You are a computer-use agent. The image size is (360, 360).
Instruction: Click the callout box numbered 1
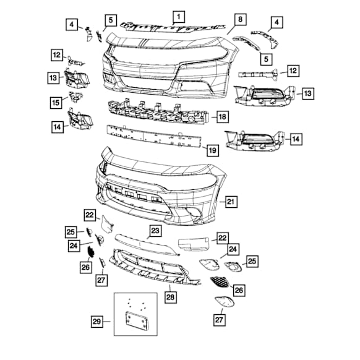tap(178, 17)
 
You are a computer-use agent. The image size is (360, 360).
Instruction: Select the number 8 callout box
tap(240, 19)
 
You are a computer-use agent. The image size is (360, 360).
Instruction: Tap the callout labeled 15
tap(57, 101)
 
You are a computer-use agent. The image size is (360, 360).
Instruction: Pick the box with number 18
tap(222, 116)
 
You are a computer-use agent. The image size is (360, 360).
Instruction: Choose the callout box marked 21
tap(231, 202)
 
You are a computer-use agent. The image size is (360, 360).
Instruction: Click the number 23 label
tap(155, 231)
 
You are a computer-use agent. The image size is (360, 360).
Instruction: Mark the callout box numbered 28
tap(170, 297)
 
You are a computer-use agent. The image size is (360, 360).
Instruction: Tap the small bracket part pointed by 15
tap(75, 97)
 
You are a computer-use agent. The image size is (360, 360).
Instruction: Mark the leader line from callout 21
tap(220, 202)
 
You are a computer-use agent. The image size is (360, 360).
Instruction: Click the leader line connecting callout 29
tap(109, 321)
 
